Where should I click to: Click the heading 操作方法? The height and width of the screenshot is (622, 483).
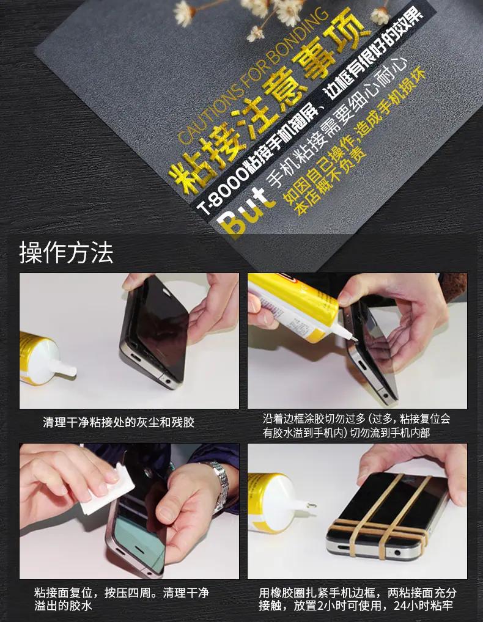click(66, 253)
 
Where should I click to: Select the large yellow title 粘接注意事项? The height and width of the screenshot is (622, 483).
click(265, 103)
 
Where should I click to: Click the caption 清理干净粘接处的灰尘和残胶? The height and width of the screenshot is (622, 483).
click(119, 422)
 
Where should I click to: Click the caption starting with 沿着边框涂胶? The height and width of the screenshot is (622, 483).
click(356, 426)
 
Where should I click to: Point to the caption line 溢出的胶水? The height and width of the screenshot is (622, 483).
click(63, 606)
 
